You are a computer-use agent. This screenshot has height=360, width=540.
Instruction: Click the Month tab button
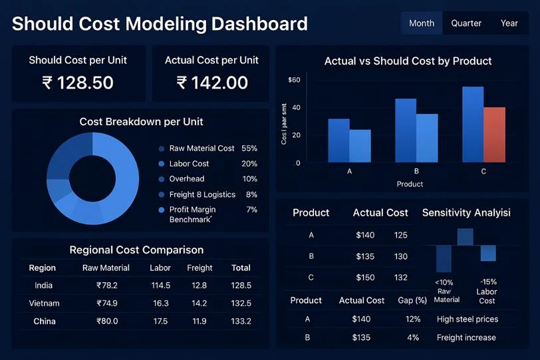tap(422, 23)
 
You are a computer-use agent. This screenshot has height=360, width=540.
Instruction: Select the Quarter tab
tap(466, 23)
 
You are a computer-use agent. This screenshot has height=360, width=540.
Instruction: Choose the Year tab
tap(509, 23)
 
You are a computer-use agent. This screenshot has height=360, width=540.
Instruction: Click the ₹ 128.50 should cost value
tap(78, 83)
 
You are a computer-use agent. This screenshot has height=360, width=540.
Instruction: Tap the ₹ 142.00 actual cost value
tap(212, 83)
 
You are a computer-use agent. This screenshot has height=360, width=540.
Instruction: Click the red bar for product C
tap(494, 134)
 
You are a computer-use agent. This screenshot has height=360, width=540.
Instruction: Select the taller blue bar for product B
tap(406, 130)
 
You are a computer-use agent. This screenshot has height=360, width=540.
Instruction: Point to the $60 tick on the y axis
tap(294, 81)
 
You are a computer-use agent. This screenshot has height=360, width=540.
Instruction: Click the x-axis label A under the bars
tap(349, 171)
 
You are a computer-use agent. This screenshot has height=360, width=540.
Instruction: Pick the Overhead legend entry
tap(186, 179)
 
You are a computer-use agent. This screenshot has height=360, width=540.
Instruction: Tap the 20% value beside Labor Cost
tap(249, 164)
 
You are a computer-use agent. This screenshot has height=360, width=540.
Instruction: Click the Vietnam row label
tap(45, 303)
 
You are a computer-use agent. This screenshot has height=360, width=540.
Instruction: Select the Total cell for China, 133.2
tap(240, 321)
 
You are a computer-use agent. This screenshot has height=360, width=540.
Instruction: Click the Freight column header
tap(200, 268)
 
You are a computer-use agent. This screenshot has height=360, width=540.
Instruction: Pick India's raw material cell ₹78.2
tap(106, 285)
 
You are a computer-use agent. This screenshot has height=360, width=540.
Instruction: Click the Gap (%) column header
tap(411, 301)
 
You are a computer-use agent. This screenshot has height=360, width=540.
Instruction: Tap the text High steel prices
tap(467, 319)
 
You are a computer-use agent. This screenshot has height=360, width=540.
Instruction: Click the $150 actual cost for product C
tap(365, 277)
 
